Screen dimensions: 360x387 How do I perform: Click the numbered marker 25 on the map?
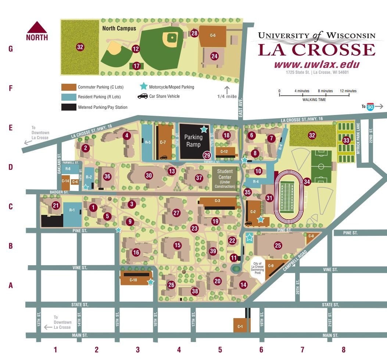278,245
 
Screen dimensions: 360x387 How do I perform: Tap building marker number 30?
149,175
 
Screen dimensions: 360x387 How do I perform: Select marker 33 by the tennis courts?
346,140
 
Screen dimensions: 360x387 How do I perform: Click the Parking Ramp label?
193,141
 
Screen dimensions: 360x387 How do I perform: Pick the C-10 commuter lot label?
133,280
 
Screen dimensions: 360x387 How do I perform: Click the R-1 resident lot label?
72,210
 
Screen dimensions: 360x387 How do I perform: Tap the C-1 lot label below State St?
240,327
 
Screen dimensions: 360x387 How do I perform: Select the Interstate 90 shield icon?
370,106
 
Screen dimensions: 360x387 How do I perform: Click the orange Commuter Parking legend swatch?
68,87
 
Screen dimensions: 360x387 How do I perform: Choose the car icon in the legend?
142,97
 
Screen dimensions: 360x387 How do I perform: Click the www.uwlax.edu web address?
316,64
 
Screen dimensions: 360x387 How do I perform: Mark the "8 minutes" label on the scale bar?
325,91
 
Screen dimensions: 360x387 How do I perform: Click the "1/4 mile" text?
227,97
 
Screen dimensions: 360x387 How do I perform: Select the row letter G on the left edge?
11,49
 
